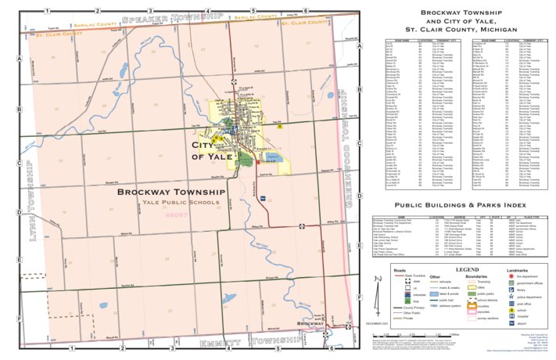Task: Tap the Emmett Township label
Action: (x=251, y=343)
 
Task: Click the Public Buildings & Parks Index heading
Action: (x=461, y=203)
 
